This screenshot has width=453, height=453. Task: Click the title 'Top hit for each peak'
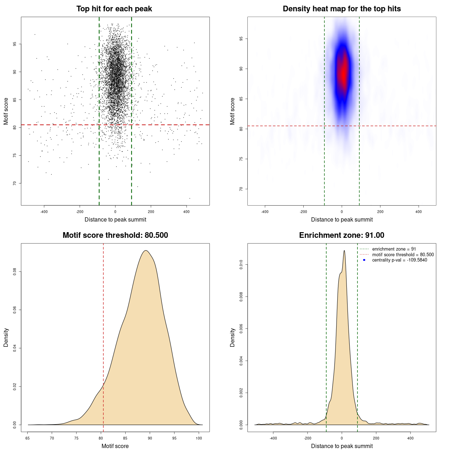(x=114, y=9)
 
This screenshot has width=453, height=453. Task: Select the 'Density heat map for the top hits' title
(x=342, y=9)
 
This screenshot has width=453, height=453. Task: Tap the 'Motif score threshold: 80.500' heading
(x=115, y=235)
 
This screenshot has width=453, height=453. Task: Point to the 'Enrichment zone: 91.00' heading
(x=342, y=235)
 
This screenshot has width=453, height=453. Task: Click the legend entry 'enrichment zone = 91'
(x=394, y=249)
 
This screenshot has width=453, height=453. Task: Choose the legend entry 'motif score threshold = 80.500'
(x=403, y=255)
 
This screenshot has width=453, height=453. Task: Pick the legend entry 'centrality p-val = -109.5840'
(x=400, y=260)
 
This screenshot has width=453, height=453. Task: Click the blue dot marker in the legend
(x=364, y=260)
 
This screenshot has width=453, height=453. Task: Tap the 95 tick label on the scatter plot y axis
(x=15, y=44)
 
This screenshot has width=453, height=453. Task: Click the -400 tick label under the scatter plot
(x=44, y=212)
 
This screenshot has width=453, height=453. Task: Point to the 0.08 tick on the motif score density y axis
(x=15, y=271)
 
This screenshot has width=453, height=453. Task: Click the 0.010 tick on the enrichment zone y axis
(x=241, y=264)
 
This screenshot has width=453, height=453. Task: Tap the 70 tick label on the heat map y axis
(x=241, y=189)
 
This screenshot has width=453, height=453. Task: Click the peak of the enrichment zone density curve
(x=344, y=251)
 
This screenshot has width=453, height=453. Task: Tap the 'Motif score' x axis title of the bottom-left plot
(x=115, y=446)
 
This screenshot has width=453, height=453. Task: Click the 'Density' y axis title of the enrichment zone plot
(x=233, y=337)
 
